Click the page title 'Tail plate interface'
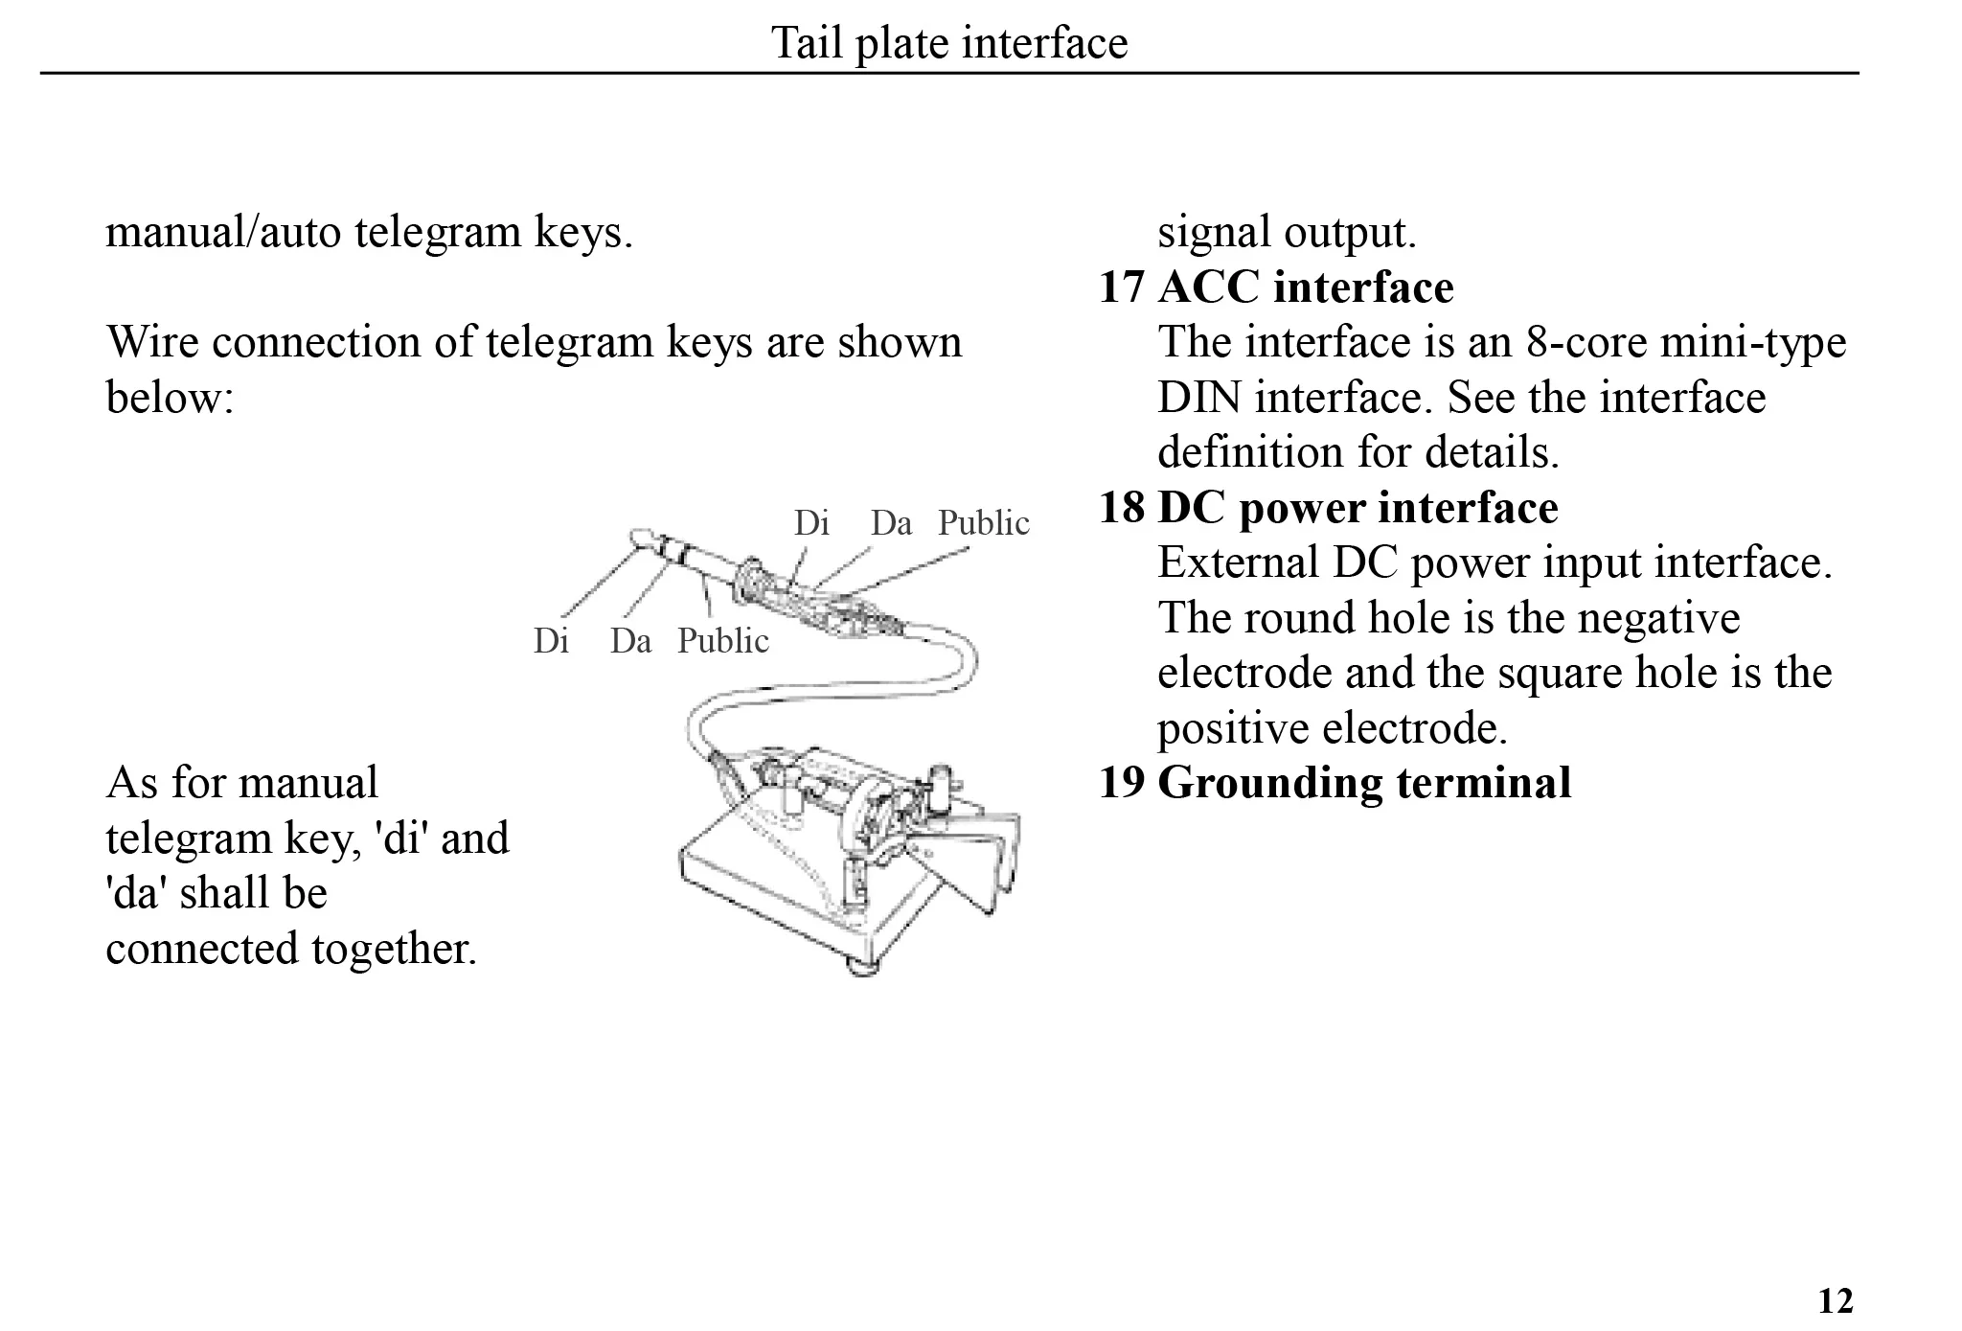point(949,43)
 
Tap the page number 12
point(1835,1300)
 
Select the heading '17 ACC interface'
point(1276,287)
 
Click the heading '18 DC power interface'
point(1328,508)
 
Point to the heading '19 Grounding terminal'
point(1335,783)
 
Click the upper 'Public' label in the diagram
point(983,523)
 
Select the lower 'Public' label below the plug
point(722,641)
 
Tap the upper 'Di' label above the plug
point(810,523)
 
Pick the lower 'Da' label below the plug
point(630,641)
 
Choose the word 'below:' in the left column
point(170,398)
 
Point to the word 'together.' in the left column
point(393,950)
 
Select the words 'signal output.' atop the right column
point(1287,233)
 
